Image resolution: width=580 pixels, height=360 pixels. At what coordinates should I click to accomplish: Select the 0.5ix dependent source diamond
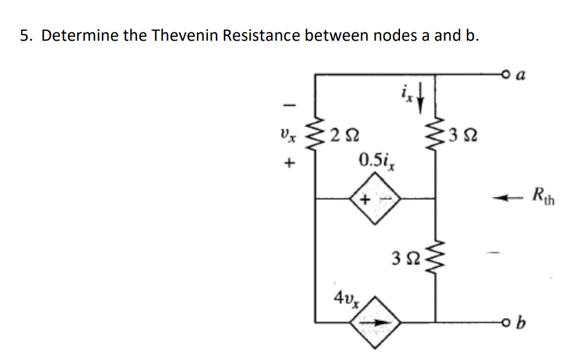pos(375,198)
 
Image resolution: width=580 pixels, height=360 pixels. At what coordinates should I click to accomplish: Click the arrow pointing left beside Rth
pos(508,196)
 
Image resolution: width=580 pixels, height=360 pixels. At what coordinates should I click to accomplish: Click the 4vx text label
pos(344,298)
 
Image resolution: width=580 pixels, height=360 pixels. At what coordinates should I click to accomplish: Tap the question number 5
pos(26,35)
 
